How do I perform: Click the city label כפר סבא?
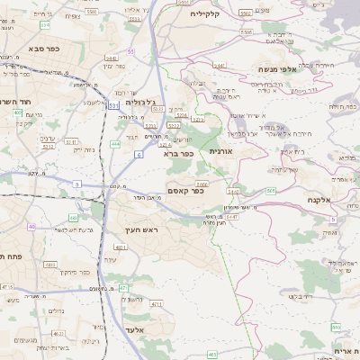[x=43, y=48]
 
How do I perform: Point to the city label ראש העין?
[x=141, y=230]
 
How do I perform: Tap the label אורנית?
[x=220, y=152]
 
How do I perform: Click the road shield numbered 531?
[x=114, y=105]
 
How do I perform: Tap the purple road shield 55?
[x=130, y=51]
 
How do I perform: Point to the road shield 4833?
[x=50, y=265]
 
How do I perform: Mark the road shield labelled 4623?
[x=59, y=333]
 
